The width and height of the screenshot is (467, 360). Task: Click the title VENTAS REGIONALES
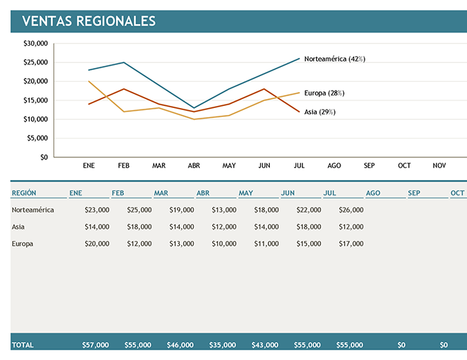pos(89,21)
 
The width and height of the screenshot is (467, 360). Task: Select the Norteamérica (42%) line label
pos(334,59)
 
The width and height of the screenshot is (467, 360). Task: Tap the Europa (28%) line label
pos(324,93)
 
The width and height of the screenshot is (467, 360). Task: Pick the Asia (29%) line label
pos(320,111)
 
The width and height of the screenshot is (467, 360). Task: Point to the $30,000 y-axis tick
pos(35,43)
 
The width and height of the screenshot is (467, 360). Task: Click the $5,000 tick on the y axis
pos(37,138)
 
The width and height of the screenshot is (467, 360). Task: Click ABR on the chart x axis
pos(194,166)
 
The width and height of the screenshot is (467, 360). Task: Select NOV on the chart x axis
pos(439,166)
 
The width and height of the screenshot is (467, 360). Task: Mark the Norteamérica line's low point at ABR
pos(194,108)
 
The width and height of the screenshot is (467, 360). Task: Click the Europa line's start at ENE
pos(89,81)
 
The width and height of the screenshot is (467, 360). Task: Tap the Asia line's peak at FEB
pos(124,89)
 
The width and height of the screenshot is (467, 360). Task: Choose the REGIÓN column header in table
pos(24,193)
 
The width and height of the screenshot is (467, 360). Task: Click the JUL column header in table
pos(330,193)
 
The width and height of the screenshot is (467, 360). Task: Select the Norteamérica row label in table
pos(33,209)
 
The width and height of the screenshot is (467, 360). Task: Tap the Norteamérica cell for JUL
pos(351,209)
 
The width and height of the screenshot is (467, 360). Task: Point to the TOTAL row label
pos(23,344)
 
